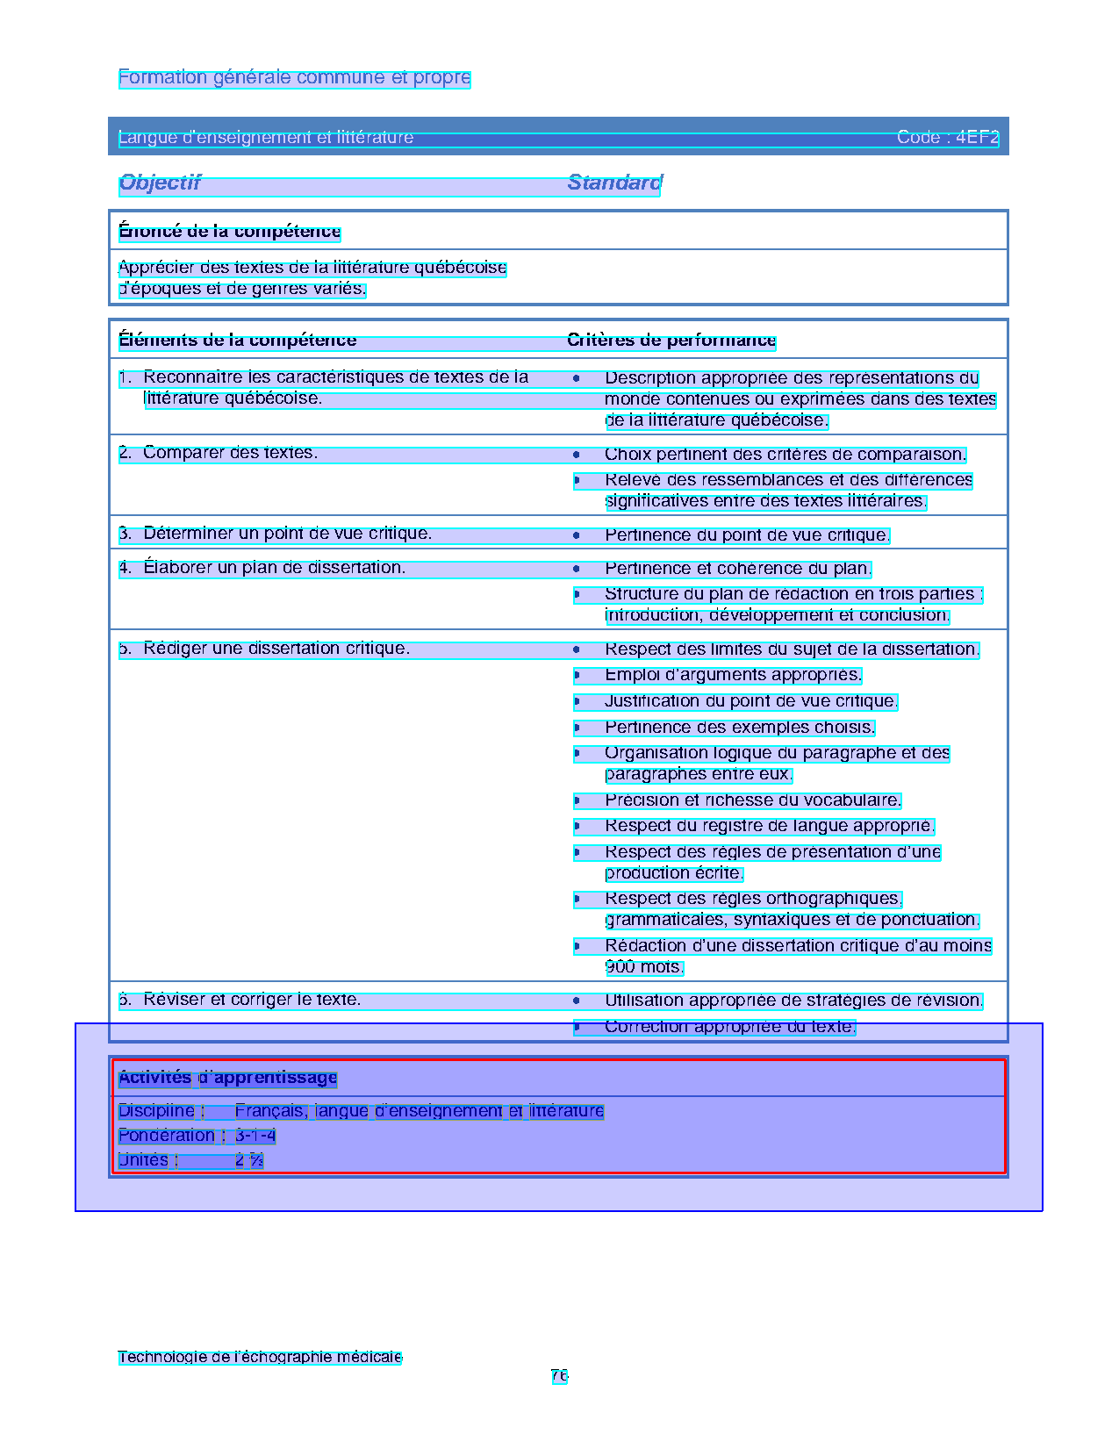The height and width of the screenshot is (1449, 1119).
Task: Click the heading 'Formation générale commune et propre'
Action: pos(294,78)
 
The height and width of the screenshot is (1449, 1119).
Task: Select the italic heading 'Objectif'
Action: pos(160,183)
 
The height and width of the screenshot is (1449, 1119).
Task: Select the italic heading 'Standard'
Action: pos(614,183)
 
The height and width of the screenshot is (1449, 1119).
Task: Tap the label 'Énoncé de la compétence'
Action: pos(229,232)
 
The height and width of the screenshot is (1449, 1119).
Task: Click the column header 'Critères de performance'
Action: pos(671,341)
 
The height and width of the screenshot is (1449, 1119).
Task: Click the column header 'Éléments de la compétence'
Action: pos(238,341)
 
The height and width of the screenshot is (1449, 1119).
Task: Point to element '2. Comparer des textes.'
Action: pos(219,454)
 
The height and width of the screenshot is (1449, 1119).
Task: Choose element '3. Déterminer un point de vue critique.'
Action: pos(276,534)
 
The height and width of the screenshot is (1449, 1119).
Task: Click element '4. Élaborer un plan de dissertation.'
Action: pos(262,568)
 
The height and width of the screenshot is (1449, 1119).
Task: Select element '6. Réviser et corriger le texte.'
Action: pos(240,1000)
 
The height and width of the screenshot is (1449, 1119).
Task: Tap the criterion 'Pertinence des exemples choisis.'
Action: pos(739,728)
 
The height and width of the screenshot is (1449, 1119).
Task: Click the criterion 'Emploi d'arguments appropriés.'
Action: pos(733,675)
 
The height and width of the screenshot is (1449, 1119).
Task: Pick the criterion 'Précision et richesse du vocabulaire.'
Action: pos(752,800)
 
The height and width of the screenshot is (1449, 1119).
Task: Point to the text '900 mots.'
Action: pos(643,967)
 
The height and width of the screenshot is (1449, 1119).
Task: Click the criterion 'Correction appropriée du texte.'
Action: pos(728,1027)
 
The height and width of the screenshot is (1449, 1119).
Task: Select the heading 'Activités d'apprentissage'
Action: pos(228,1078)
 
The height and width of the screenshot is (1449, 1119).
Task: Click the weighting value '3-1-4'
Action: pos(255,1136)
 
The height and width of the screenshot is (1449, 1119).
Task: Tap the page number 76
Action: pos(559,1376)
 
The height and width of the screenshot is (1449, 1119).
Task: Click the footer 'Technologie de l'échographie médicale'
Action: pos(260,1357)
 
